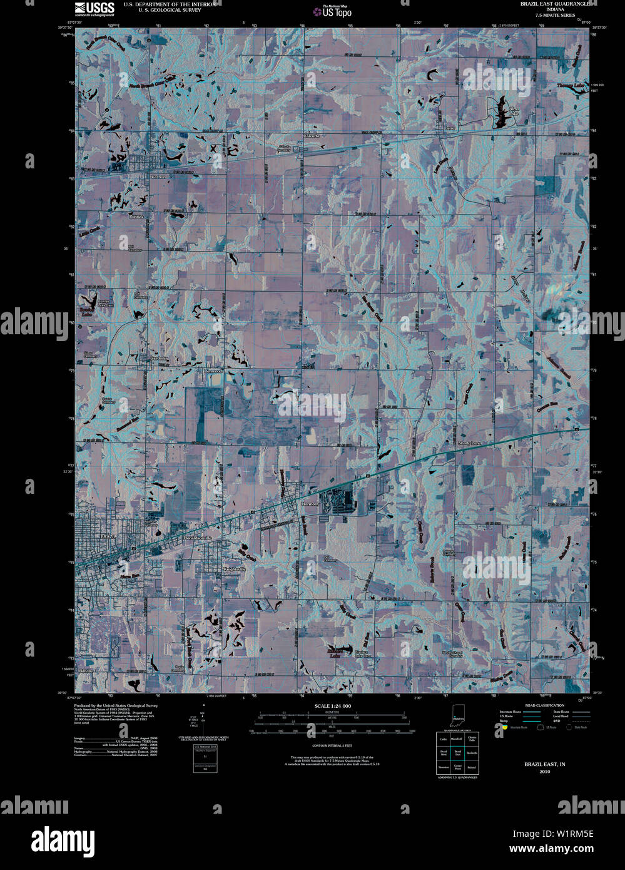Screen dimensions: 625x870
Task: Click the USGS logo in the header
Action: [94, 8]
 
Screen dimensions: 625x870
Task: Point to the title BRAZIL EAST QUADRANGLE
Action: [554, 3]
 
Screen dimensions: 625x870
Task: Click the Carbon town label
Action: [158, 177]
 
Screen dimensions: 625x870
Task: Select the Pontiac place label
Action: [136, 216]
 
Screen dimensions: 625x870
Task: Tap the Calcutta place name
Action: [311, 136]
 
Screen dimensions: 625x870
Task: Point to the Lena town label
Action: [448, 128]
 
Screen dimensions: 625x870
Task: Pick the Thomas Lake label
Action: [573, 85]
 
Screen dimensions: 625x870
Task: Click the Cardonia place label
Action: [159, 358]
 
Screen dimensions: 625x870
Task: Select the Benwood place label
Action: [213, 371]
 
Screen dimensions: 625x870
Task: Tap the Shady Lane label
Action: [470, 443]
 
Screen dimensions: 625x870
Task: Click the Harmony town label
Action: [310, 504]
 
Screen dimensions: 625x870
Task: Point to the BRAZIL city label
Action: [109, 536]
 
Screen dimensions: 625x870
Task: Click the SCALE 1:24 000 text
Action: [333, 705]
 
